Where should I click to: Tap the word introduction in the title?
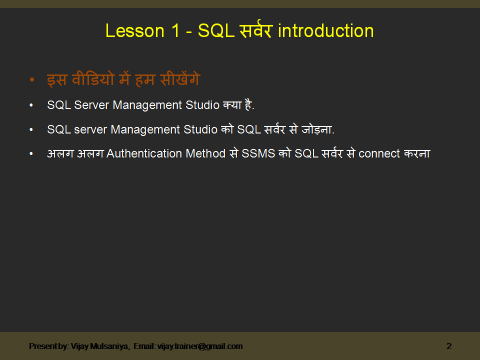[325, 31]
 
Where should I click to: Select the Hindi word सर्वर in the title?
[254, 31]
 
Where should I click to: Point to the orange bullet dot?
[32, 80]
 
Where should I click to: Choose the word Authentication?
[144, 153]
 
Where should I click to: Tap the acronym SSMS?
[258, 153]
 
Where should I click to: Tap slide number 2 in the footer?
[449, 346]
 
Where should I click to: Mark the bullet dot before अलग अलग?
[31, 154]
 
